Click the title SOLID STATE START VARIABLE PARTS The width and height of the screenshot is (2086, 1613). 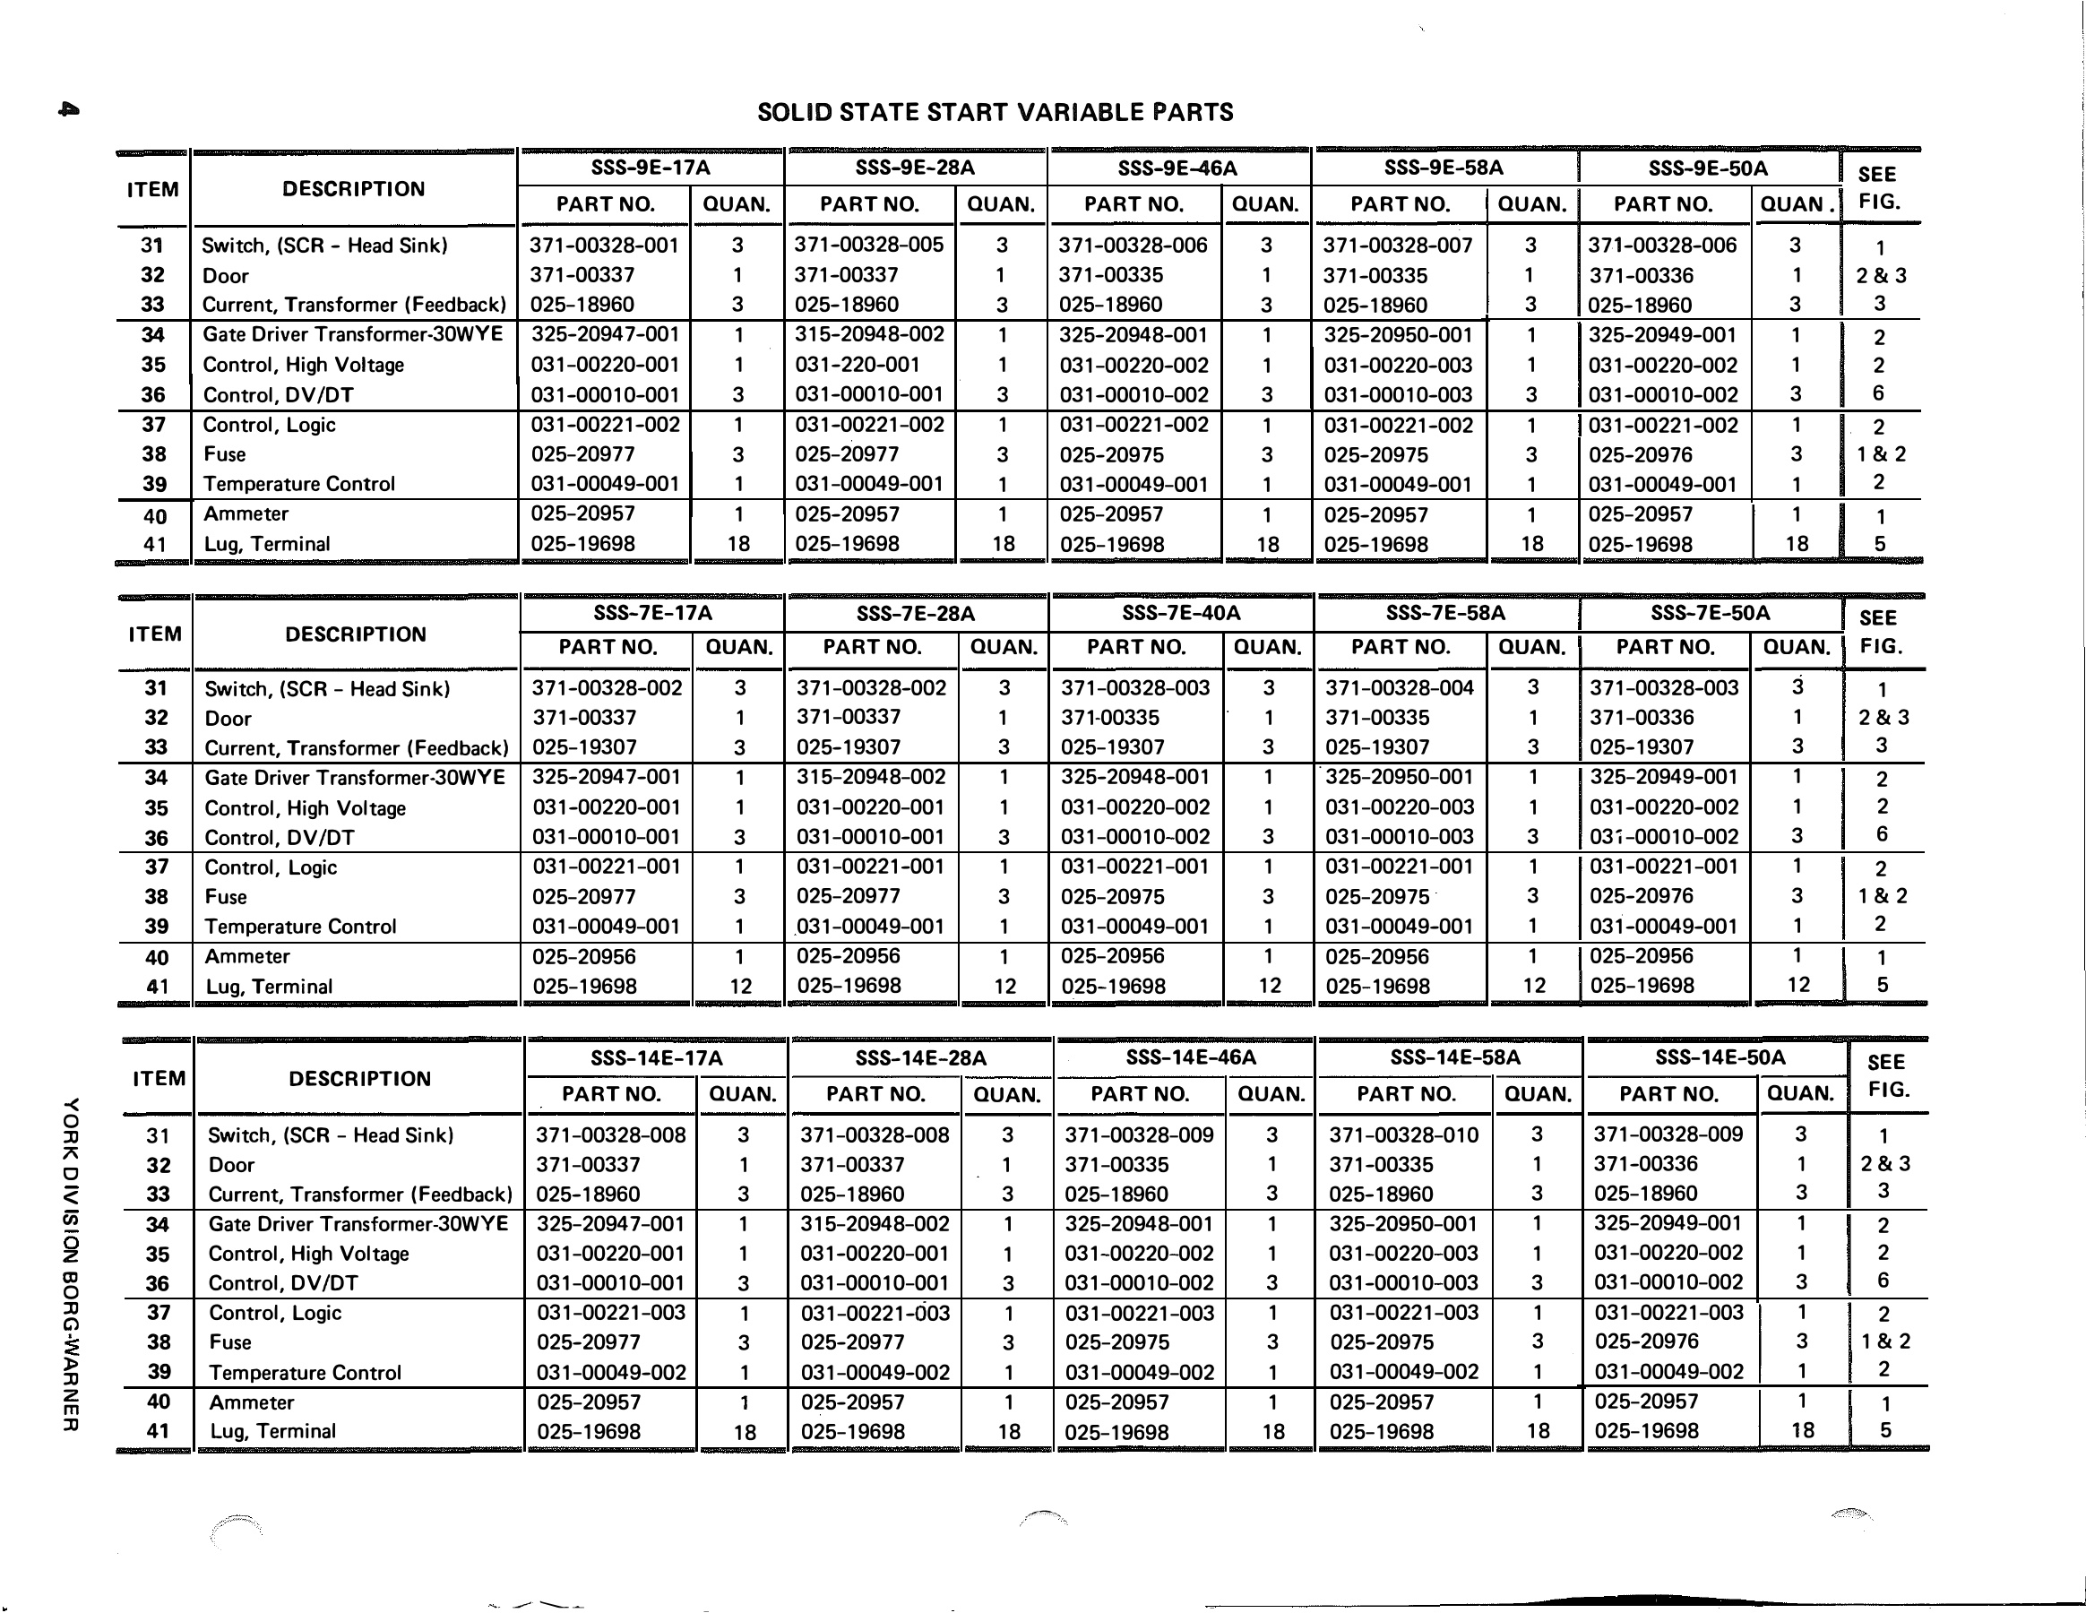(995, 113)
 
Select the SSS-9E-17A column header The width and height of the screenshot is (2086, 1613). (651, 168)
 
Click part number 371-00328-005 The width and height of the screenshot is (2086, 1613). (868, 245)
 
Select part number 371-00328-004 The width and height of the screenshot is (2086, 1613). (1400, 687)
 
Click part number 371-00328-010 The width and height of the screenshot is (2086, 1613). (1403, 1134)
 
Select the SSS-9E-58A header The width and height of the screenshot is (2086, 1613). (1444, 168)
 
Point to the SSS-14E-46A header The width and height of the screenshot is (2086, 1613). (1190, 1057)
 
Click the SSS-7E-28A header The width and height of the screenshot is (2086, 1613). (915, 613)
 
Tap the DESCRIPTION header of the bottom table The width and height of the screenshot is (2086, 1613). (359, 1078)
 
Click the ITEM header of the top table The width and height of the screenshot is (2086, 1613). (153, 189)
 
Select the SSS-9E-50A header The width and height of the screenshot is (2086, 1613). (1708, 169)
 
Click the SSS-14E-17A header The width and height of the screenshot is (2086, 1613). (656, 1058)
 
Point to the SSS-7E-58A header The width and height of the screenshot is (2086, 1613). (1445, 612)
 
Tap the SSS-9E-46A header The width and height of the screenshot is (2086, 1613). (1177, 169)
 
